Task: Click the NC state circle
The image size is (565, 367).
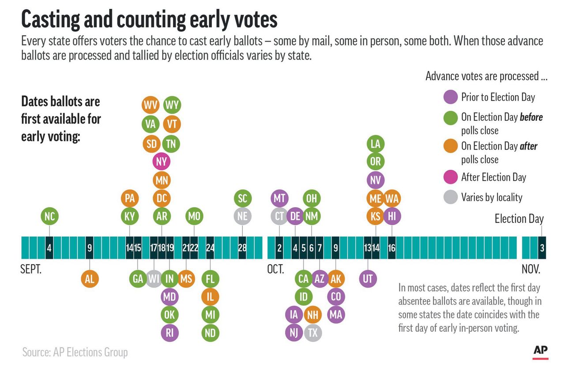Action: click(49, 216)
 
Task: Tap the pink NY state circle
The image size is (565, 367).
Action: click(162, 161)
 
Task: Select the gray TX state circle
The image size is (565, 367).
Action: click(312, 333)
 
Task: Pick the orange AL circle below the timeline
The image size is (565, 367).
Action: click(90, 278)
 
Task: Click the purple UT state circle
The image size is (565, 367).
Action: click(368, 278)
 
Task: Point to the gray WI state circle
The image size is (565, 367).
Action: click(154, 278)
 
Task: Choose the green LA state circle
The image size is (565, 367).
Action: click(375, 143)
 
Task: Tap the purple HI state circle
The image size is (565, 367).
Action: click(392, 216)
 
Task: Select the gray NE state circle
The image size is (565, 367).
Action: click(242, 216)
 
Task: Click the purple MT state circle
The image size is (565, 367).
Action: click(279, 198)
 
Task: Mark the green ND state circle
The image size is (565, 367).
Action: click(210, 333)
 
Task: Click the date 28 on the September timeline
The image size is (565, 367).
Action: click(242, 248)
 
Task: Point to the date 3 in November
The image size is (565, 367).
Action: click(542, 248)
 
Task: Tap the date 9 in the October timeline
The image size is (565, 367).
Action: click(335, 248)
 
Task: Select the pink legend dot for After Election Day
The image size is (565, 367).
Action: click(450, 177)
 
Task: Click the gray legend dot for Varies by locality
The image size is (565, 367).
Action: click(450, 197)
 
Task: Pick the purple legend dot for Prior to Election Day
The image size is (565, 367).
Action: click(450, 97)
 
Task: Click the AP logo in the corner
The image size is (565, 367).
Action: click(540, 351)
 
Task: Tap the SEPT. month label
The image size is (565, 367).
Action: click(31, 269)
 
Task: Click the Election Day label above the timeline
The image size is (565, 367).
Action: click(519, 219)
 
